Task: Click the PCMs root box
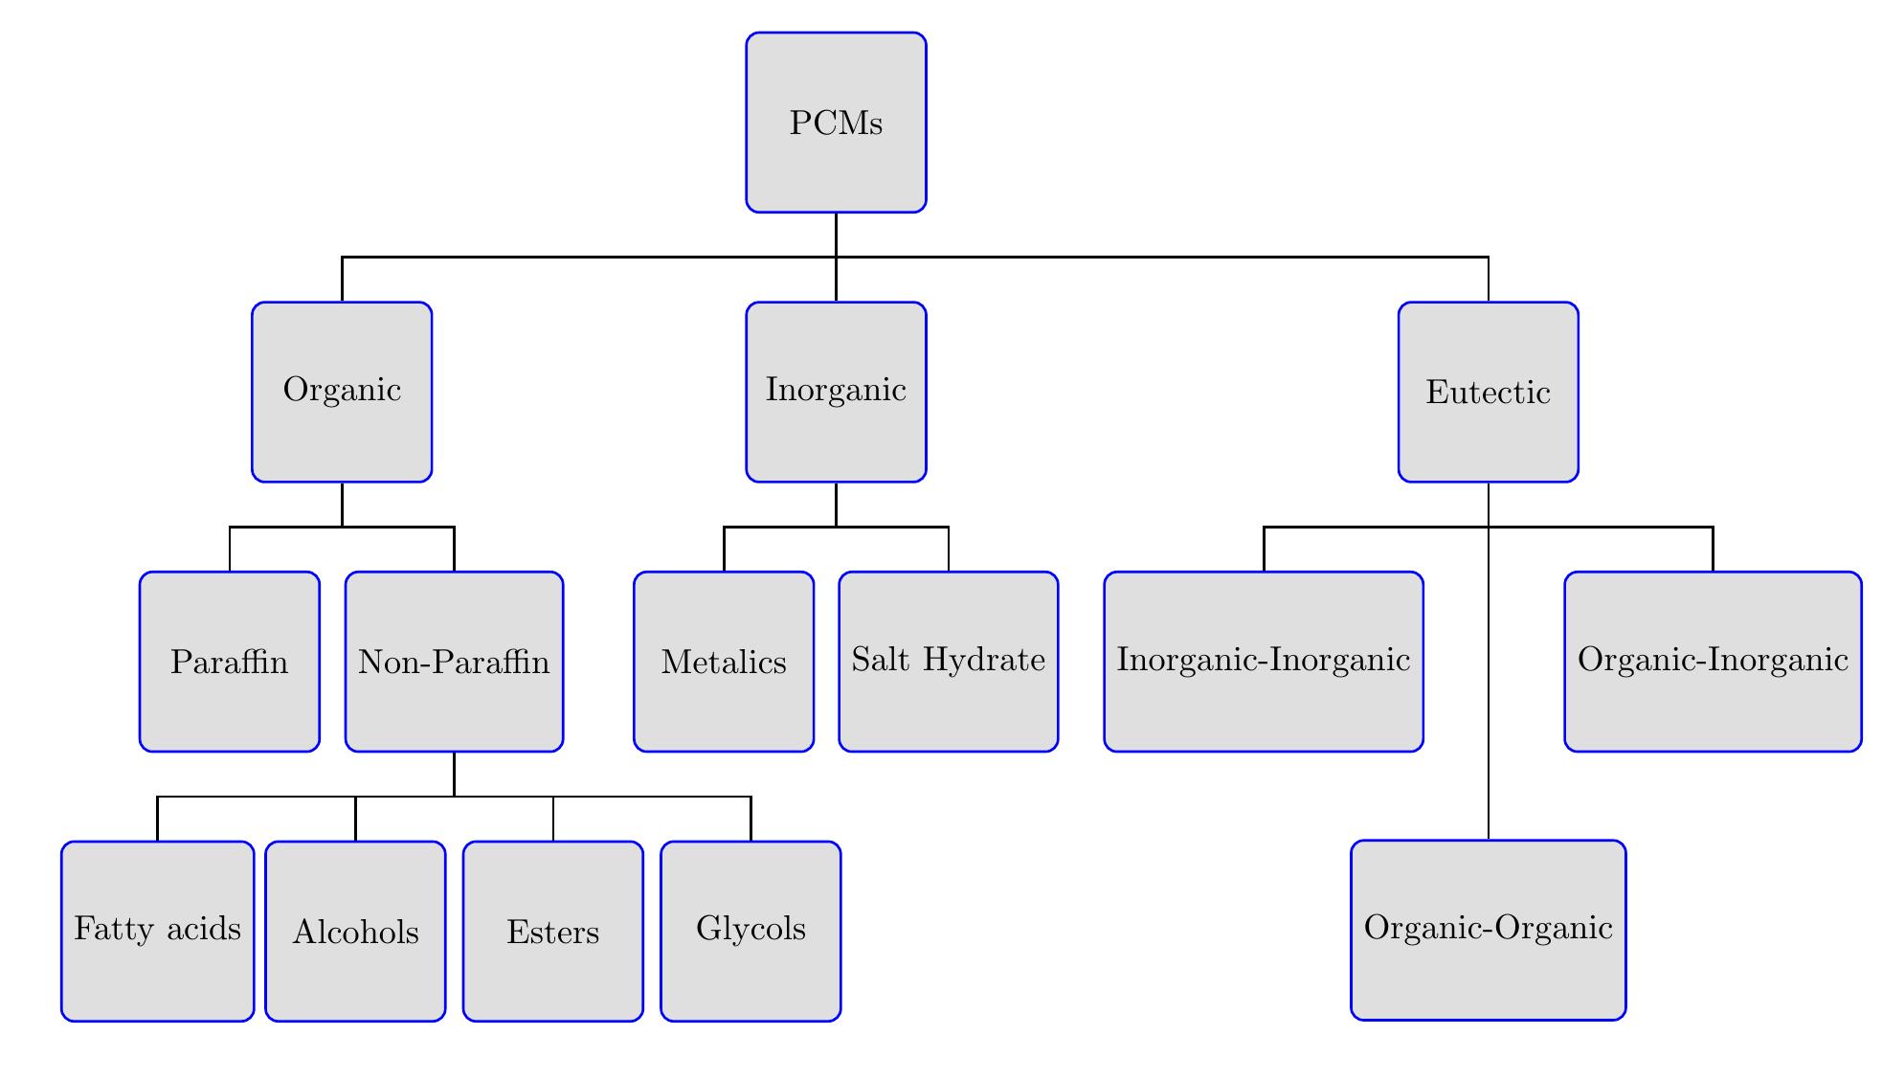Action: pyautogui.click(x=836, y=123)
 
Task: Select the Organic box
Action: pyautogui.click(x=342, y=392)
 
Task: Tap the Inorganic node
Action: pyautogui.click(x=836, y=392)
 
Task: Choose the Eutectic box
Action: pyautogui.click(x=1488, y=392)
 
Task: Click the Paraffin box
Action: pyautogui.click(x=229, y=662)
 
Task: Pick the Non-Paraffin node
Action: pyautogui.click(x=454, y=662)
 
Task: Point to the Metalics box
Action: pyautogui.click(x=724, y=662)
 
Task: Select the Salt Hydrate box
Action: pyautogui.click(x=948, y=662)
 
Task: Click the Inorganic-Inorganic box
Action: pyautogui.click(x=1264, y=662)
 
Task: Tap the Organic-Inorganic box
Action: pyautogui.click(x=1713, y=662)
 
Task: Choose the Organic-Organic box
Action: pyautogui.click(x=1488, y=930)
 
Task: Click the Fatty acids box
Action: pyautogui.click(x=157, y=932)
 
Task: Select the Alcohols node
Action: pyautogui.click(x=355, y=932)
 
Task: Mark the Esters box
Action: pyautogui.click(x=553, y=932)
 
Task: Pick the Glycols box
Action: pyautogui.click(x=751, y=932)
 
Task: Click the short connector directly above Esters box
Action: pyautogui.click(x=553, y=820)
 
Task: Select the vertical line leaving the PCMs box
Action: pyautogui.click(x=837, y=234)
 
